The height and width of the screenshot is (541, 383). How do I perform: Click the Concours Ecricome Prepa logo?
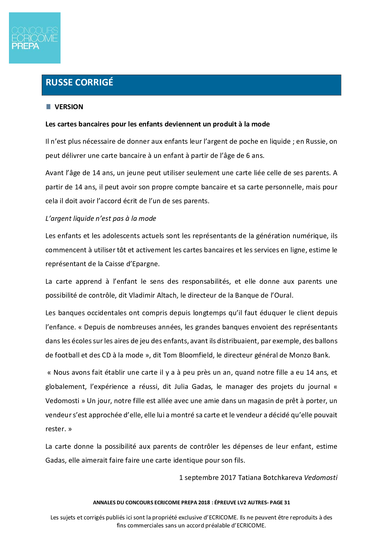(35, 38)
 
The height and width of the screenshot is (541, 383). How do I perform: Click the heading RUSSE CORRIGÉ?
(79, 82)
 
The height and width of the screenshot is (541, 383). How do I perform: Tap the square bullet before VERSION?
(48, 107)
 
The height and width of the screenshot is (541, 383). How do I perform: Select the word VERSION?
(69, 107)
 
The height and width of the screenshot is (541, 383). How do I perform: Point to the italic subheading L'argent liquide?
(101, 219)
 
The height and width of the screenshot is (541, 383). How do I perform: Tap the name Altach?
(168, 295)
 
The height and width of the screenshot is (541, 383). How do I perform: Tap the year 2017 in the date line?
(228, 478)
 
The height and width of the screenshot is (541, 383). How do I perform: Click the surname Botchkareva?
(283, 478)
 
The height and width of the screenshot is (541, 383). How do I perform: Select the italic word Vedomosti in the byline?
(321, 478)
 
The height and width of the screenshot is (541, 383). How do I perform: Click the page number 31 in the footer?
(287, 502)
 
